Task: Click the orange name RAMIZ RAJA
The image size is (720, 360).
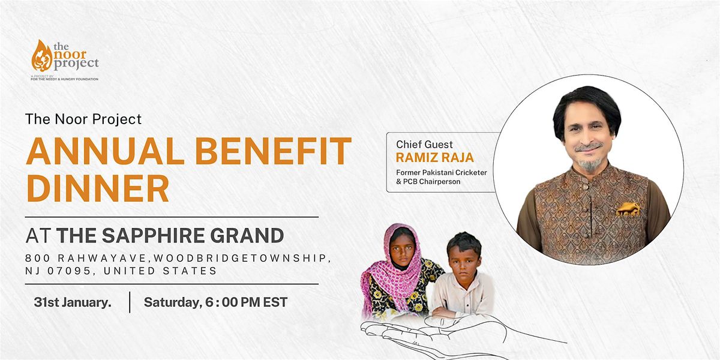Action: tap(435, 157)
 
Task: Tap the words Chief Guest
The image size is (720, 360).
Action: tap(424, 144)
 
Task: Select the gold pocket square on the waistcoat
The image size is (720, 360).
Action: tap(628, 209)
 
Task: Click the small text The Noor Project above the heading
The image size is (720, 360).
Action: tap(83, 119)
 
